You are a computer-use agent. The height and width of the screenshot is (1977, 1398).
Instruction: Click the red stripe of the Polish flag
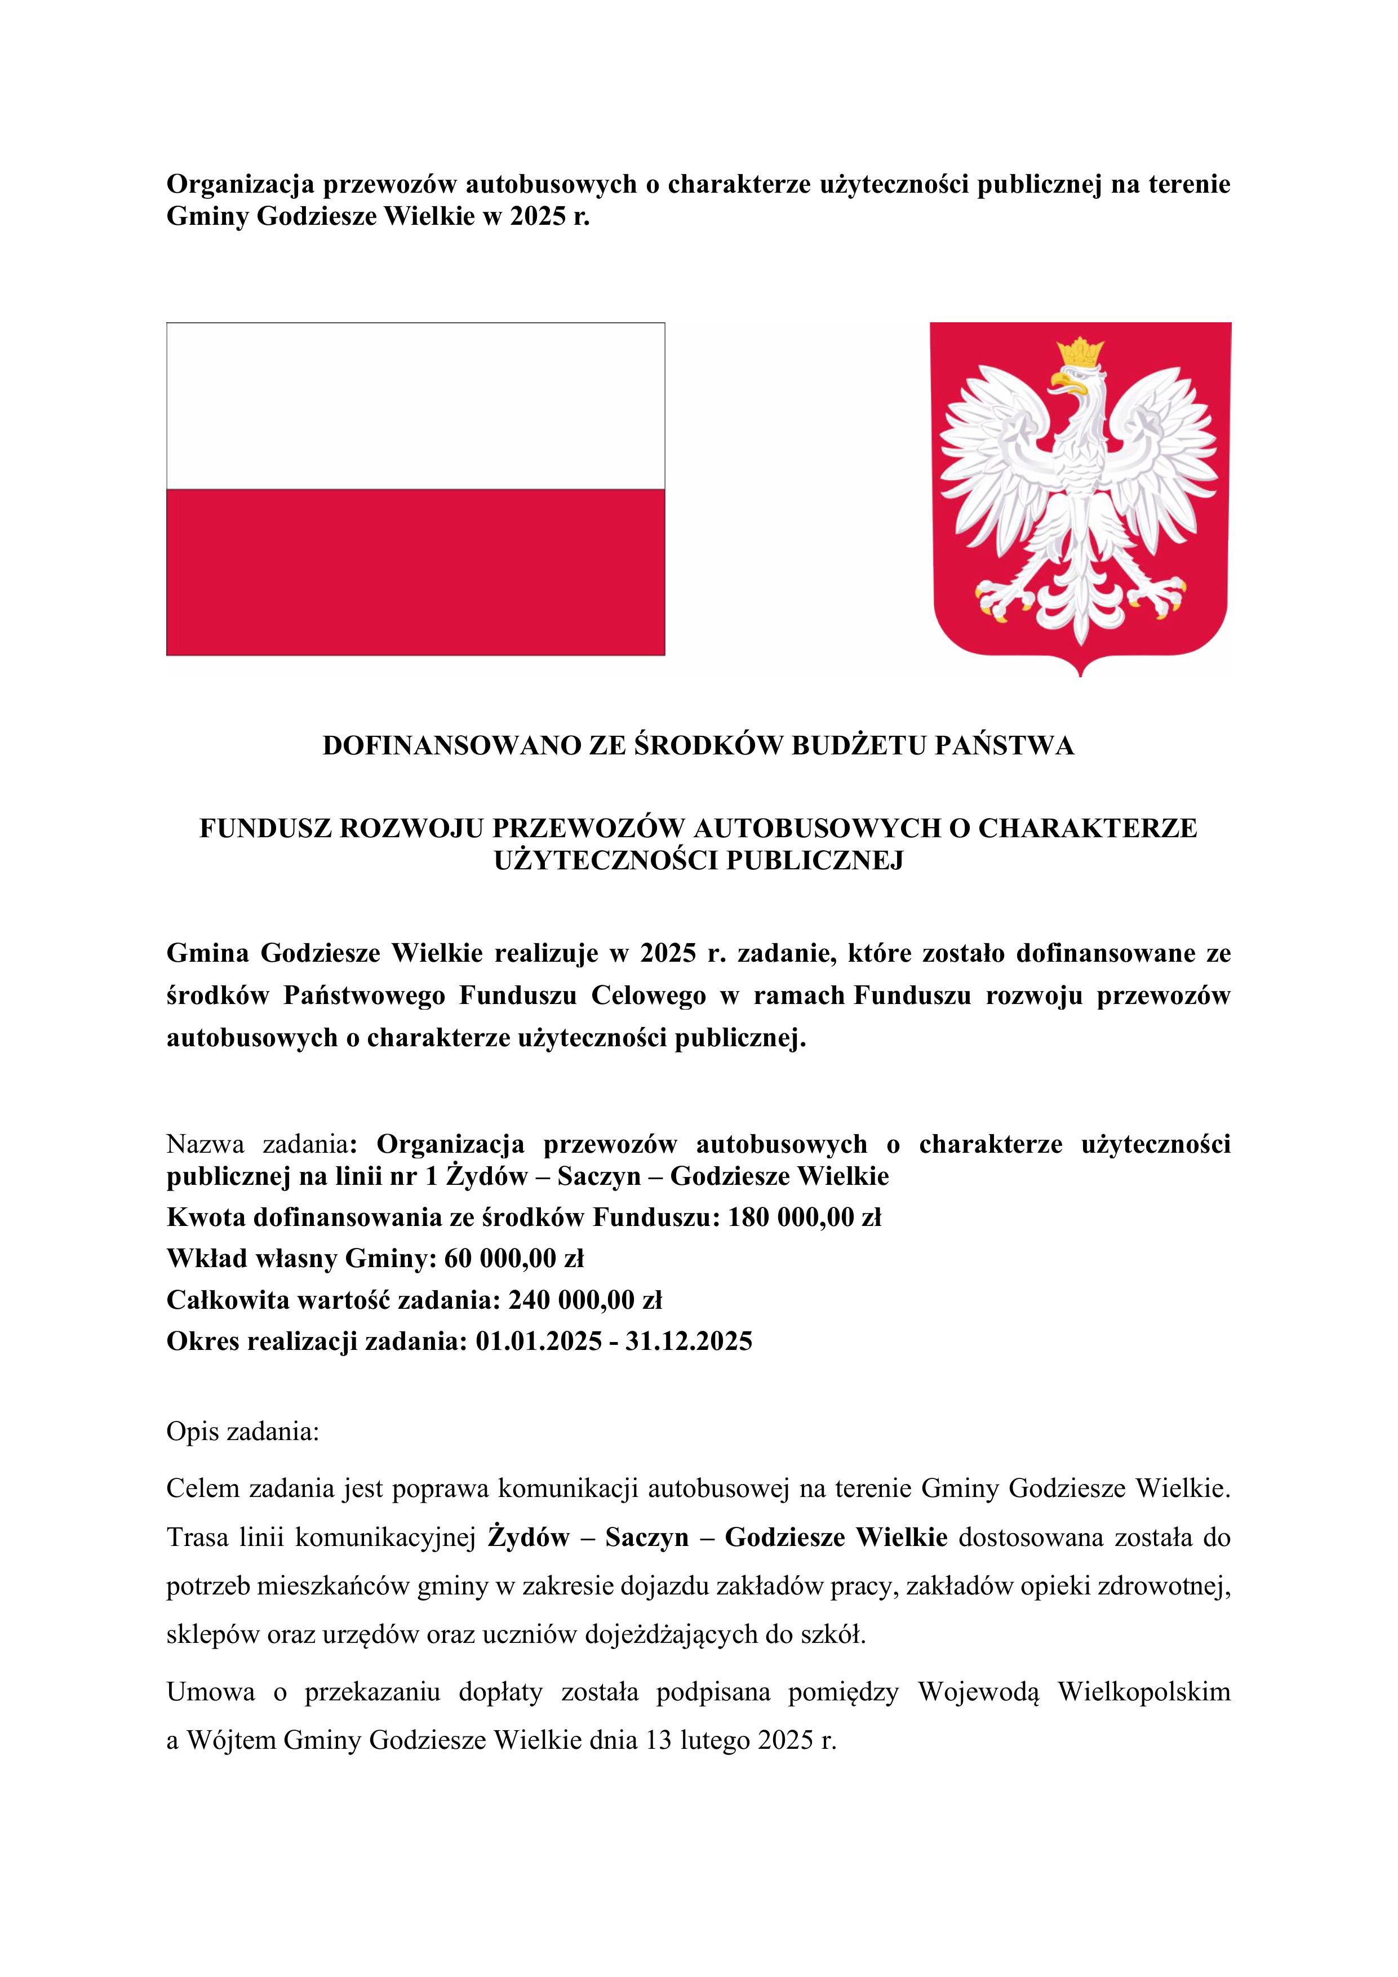tap(415, 572)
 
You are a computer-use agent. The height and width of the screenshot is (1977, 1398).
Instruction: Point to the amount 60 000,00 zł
tap(514, 1259)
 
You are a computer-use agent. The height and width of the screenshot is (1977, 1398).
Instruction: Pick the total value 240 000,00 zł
tap(585, 1300)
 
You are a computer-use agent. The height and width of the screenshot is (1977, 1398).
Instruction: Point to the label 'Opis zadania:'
tap(243, 1433)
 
